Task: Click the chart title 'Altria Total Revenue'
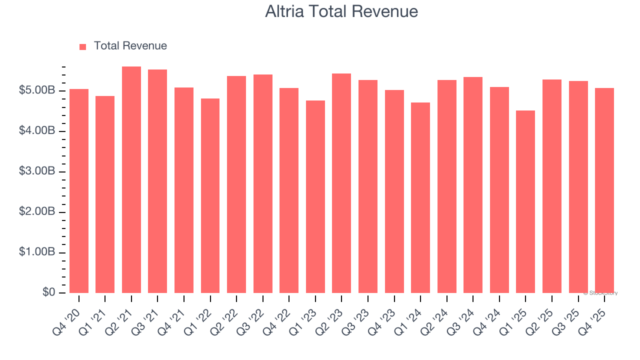[341, 11]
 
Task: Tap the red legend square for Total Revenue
[83, 46]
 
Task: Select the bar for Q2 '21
[131, 179]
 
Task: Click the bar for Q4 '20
[79, 191]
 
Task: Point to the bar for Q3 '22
[263, 183]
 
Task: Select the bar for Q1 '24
[420, 197]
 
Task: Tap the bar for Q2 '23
[341, 183]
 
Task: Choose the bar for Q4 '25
[604, 190]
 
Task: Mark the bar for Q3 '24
[473, 185]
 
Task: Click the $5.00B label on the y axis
[37, 91]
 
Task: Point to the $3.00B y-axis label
[37, 171]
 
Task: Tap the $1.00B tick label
[37, 252]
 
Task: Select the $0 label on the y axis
[48, 292]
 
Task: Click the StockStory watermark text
[602, 293]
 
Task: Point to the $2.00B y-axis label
[37, 212]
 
